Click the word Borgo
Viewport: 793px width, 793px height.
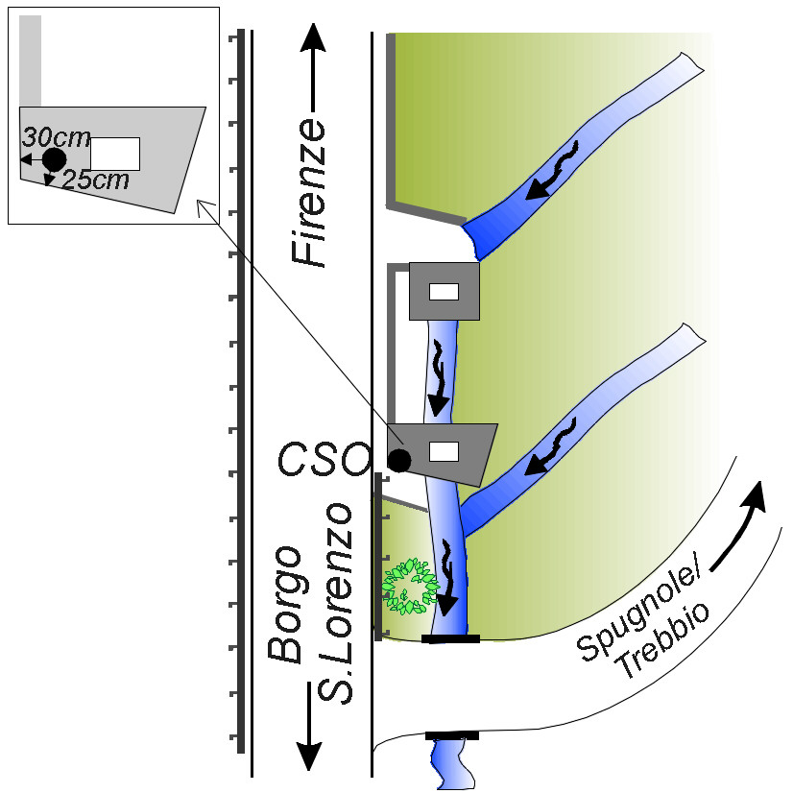[x=286, y=605]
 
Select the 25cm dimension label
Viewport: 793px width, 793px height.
[x=95, y=180]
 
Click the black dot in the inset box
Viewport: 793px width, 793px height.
[x=54, y=158]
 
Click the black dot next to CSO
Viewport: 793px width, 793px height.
[x=399, y=461]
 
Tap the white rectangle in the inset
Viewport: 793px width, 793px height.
[x=115, y=154]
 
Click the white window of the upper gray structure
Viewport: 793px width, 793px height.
[x=444, y=293]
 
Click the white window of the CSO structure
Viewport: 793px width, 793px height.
[x=444, y=450]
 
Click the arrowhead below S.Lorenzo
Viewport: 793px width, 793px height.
[x=308, y=755]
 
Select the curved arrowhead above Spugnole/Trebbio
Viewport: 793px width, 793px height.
[x=757, y=495]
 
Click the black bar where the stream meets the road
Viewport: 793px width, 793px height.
[x=450, y=638]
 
